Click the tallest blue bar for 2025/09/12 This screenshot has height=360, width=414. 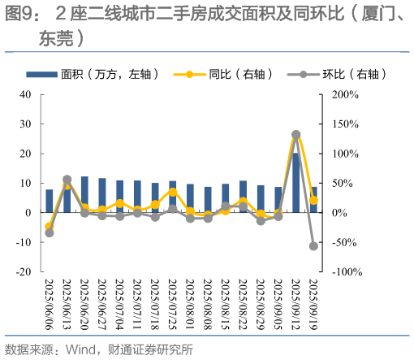(x=295, y=183)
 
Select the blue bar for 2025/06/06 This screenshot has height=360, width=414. (x=50, y=201)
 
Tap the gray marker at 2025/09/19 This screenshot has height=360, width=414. (x=313, y=245)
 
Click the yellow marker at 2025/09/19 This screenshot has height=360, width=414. (x=313, y=200)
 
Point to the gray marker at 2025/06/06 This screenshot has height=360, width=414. (x=50, y=232)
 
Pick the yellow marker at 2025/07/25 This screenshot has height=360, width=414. (x=173, y=192)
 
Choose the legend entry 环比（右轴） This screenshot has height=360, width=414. (x=340, y=74)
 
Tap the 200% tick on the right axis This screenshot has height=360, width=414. (x=339, y=94)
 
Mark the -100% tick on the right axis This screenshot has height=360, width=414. (x=341, y=271)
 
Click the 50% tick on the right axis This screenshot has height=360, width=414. (x=338, y=183)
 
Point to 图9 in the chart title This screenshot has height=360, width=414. (x=19, y=14)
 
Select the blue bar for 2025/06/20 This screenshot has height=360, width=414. (x=84, y=194)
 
